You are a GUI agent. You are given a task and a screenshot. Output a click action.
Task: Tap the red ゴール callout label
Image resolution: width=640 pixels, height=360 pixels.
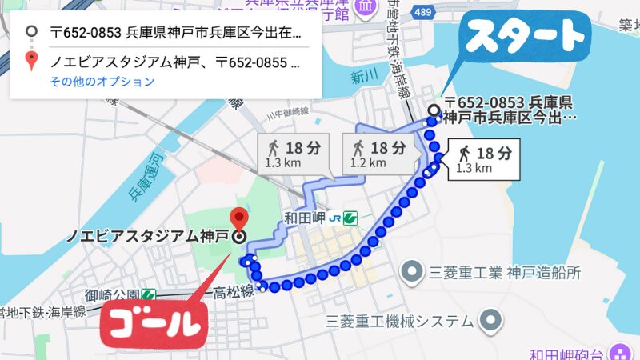click(x=152, y=325)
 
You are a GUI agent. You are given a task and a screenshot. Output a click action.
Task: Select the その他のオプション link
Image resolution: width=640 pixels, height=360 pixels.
click(x=102, y=82)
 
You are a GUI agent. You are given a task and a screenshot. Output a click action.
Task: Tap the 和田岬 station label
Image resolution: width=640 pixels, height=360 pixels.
click(x=308, y=217)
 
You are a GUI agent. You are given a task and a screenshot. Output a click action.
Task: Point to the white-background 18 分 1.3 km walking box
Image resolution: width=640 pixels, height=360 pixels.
click(x=483, y=159)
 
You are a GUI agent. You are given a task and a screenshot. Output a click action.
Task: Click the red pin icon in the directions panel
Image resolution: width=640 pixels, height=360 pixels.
click(x=32, y=61)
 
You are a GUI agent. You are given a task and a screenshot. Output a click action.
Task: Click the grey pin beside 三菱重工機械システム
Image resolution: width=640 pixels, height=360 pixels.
click(x=490, y=321)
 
